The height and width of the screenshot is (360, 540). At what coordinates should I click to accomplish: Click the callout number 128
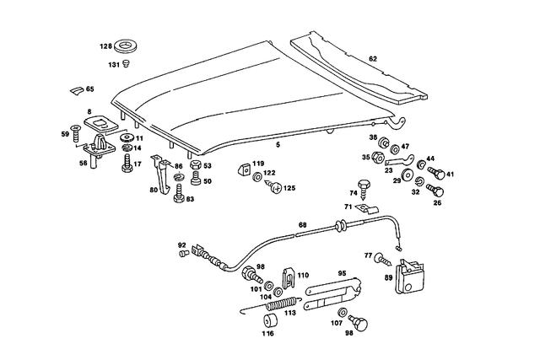click(106, 46)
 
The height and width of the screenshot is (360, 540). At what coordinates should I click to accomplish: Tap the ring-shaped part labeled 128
click(130, 46)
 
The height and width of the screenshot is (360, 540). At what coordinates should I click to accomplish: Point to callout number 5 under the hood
click(276, 146)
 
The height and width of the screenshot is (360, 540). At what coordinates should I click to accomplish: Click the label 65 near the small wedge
click(90, 89)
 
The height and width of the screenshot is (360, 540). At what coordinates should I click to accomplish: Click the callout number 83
click(190, 199)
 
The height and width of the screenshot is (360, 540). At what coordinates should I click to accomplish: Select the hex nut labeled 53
click(195, 166)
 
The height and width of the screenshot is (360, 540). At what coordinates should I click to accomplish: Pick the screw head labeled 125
click(275, 189)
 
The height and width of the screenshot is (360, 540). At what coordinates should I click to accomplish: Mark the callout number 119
click(259, 164)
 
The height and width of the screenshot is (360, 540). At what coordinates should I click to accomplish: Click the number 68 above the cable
click(302, 224)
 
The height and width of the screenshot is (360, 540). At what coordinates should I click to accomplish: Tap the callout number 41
click(451, 175)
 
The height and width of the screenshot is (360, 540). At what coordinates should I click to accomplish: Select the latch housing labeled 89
click(409, 277)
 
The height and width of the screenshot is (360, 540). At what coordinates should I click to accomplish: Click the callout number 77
click(368, 255)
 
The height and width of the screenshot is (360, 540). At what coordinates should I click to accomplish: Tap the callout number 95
click(343, 273)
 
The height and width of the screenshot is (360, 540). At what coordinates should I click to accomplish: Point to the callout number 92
click(181, 245)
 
